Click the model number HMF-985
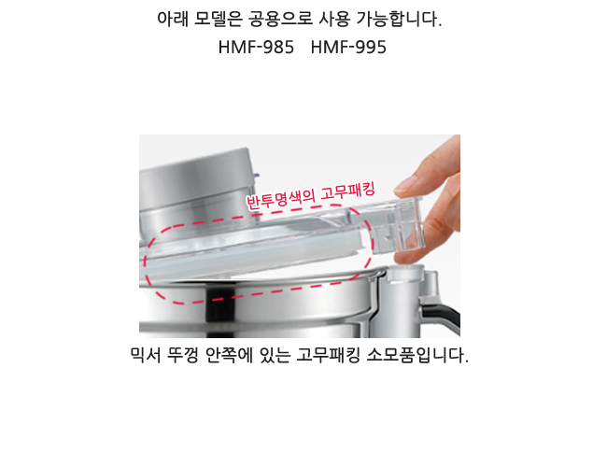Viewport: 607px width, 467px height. point(256,48)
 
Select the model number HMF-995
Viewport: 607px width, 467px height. point(348,48)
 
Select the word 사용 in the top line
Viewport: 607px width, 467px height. point(334,19)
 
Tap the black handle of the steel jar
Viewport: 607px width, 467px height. point(441,314)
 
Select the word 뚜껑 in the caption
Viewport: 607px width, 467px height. point(182,355)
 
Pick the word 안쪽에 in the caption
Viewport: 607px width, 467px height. point(228,355)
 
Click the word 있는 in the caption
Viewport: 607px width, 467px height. point(275,355)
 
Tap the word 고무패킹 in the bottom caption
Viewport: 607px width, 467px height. point(329,355)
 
